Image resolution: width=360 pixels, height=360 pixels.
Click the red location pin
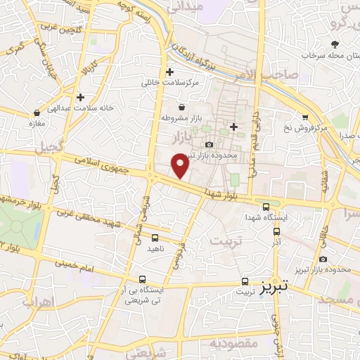181,165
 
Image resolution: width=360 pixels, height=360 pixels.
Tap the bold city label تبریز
275,289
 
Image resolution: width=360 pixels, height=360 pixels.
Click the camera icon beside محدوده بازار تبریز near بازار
209,144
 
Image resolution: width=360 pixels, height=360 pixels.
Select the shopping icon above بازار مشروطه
183,108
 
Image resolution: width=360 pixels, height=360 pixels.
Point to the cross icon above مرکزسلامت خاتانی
169,72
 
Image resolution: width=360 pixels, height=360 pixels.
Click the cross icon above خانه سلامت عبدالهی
81,97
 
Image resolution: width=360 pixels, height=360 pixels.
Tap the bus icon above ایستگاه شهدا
266,207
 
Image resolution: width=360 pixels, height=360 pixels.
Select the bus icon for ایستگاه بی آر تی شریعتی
143,278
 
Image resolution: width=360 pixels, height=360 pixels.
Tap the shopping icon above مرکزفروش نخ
305,117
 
